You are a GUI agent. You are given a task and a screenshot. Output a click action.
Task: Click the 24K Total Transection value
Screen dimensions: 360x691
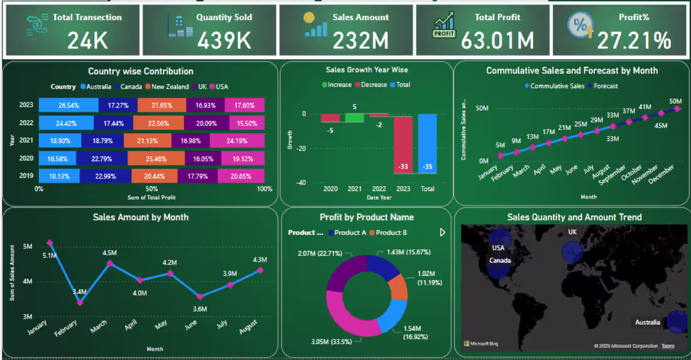(87, 41)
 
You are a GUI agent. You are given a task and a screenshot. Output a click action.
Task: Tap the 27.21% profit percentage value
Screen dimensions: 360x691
(634, 41)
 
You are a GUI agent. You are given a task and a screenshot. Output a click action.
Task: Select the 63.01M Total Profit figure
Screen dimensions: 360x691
(498, 41)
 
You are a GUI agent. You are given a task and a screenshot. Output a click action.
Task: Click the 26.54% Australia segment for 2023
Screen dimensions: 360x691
(68, 105)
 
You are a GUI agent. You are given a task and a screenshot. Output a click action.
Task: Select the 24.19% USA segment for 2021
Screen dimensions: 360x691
(237, 141)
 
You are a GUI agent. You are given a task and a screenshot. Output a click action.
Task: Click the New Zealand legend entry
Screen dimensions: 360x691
(166, 87)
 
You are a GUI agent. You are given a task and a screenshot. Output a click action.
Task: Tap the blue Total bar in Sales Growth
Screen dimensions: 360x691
(427, 143)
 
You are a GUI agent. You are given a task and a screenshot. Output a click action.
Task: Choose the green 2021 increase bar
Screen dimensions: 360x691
(354, 117)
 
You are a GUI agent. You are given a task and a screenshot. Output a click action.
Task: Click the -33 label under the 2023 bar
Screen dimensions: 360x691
(404, 166)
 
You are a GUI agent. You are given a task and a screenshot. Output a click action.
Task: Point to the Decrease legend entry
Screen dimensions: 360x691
(371, 85)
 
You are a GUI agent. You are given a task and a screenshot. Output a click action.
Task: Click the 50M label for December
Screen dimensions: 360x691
(675, 101)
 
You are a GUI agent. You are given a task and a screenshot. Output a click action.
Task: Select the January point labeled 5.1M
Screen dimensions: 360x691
(50, 243)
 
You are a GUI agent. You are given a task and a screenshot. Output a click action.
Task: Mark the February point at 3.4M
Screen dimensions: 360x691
(80, 303)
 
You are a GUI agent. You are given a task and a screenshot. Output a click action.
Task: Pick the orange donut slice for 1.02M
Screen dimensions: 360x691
(398, 287)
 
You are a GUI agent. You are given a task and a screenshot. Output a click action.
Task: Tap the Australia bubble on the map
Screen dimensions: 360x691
(677, 321)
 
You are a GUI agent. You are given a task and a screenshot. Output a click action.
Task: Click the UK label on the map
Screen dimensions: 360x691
(572, 232)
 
